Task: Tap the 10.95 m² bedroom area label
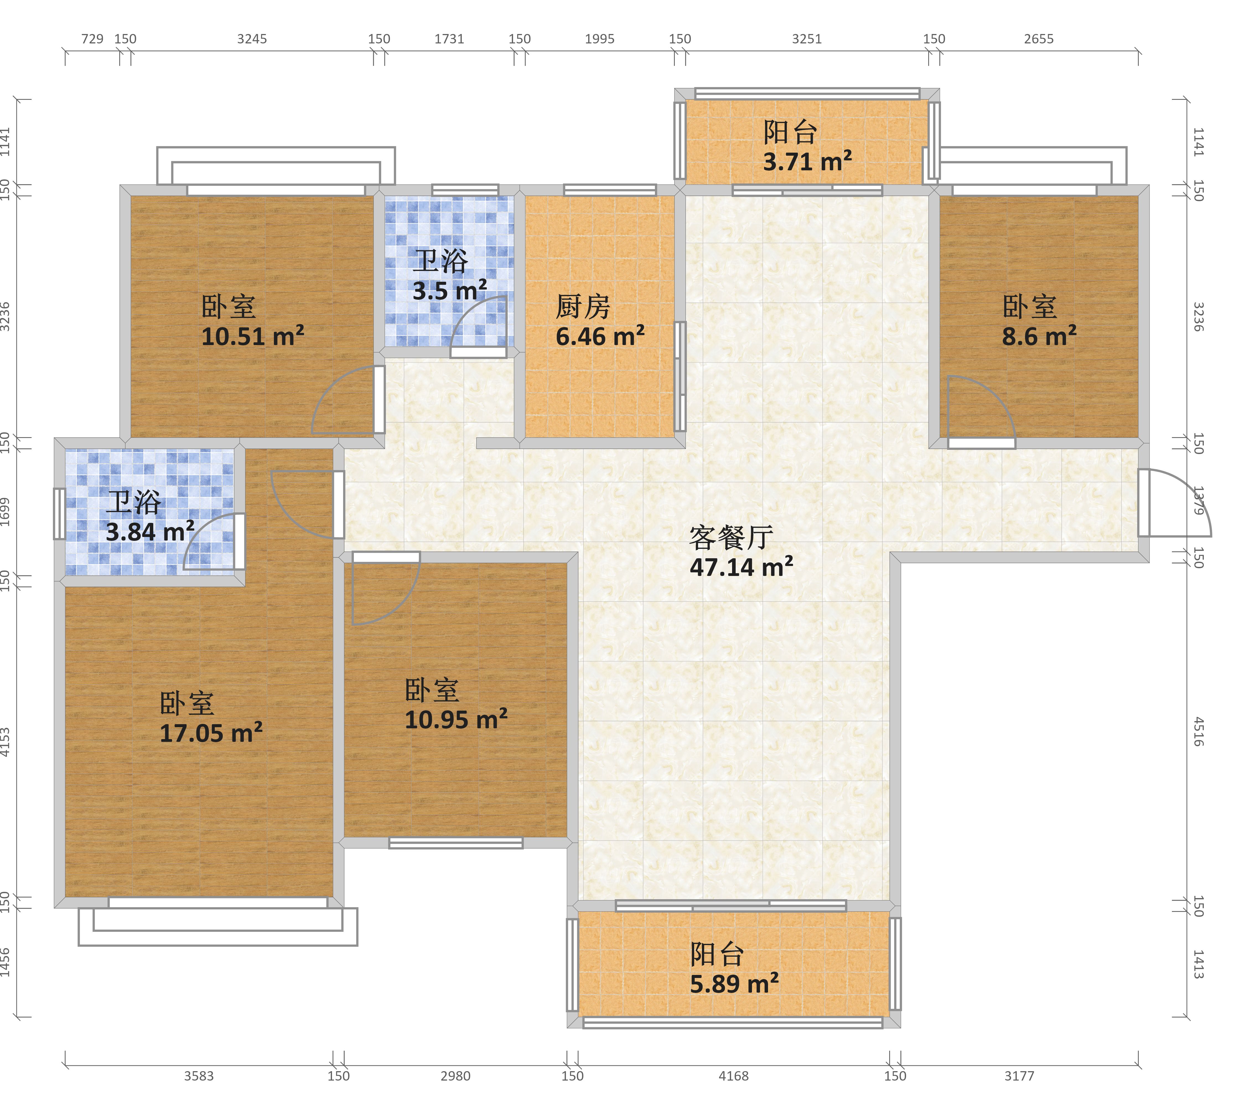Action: tap(456, 719)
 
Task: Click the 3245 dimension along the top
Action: tap(252, 39)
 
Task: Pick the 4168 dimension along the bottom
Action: tap(733, 1076)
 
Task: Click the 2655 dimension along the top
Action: tap(1039, 39)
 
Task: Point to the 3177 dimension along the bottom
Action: tap(1019, 1076)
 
